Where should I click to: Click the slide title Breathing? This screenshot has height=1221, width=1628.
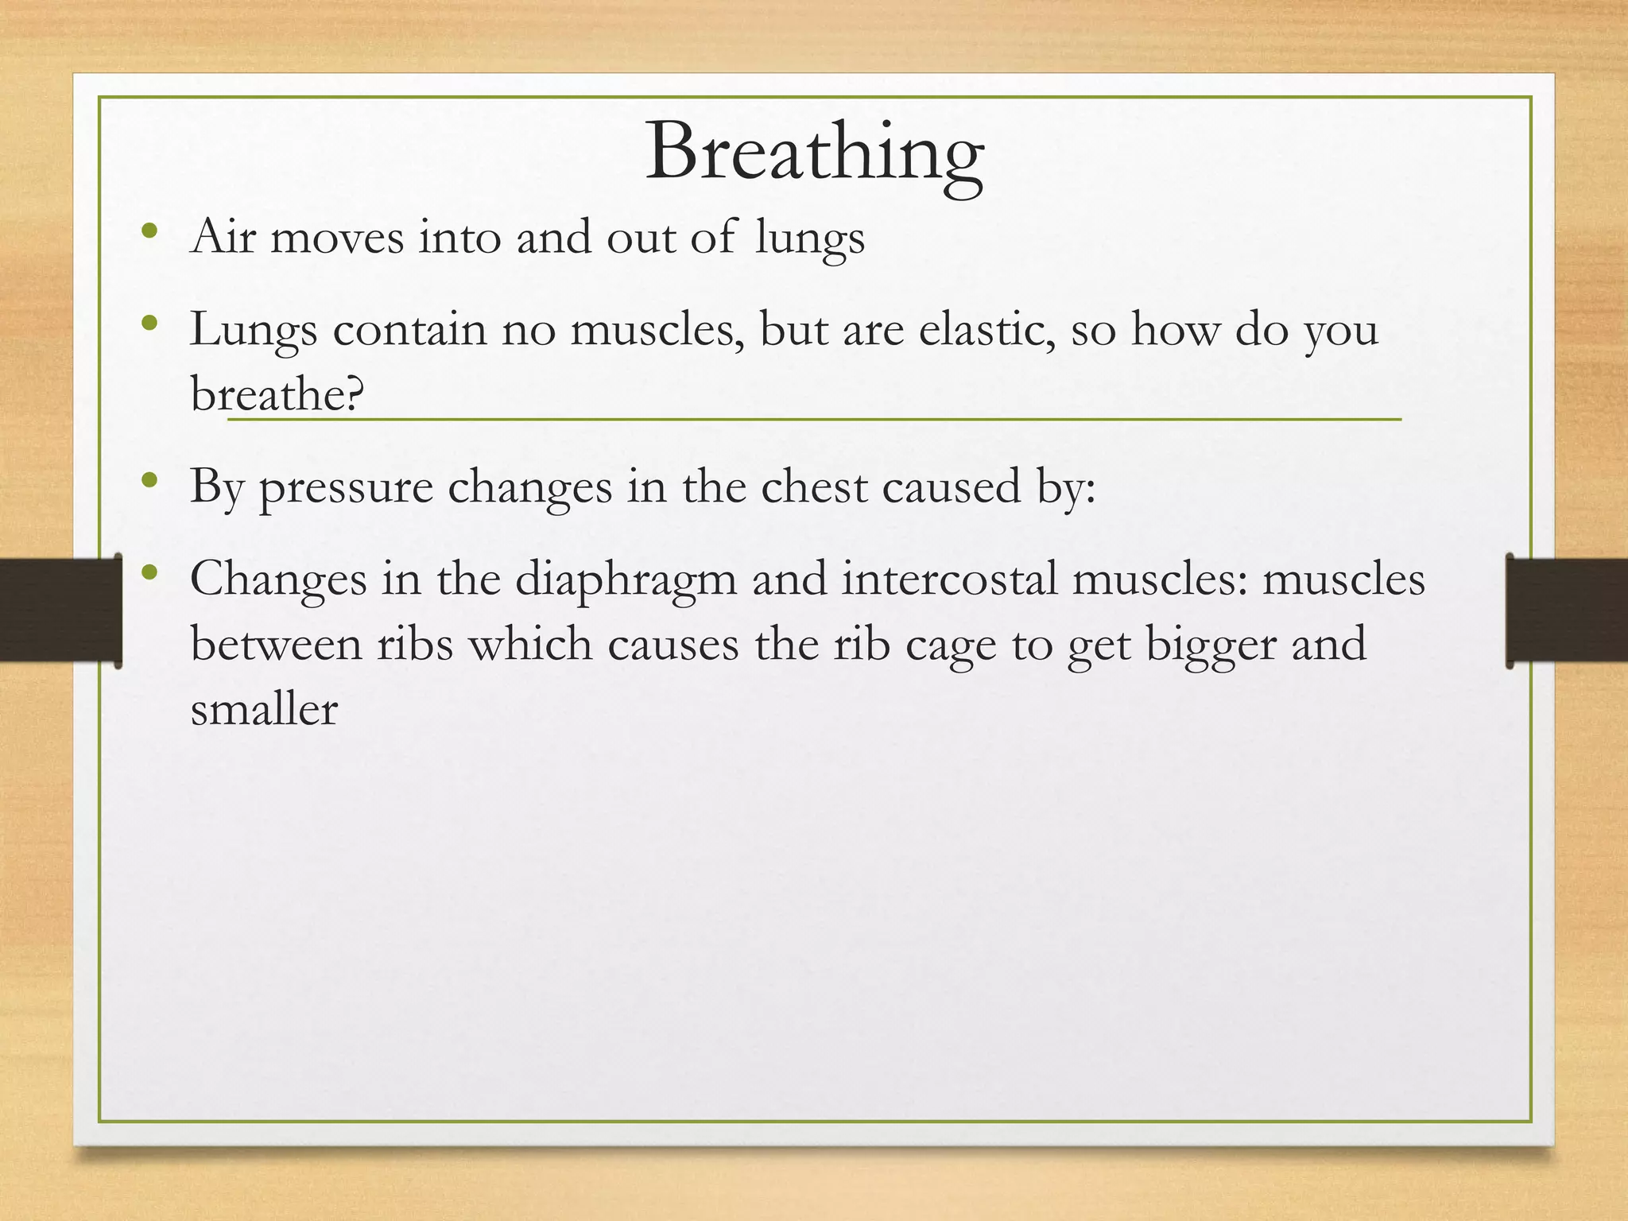[814, 153]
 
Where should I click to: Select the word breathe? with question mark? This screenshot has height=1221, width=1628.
[277, 393]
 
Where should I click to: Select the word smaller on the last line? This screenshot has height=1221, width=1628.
[264, 709]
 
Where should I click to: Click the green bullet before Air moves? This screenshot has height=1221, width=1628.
[149, 232]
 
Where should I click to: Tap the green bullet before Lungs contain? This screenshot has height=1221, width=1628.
[149, 324]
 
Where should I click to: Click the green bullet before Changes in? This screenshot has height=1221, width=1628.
[149, 573]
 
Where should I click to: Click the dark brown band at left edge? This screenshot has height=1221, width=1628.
[56, 610]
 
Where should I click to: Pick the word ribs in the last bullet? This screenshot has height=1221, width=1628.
[414, 644]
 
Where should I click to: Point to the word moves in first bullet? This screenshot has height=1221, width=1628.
[337, 237]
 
